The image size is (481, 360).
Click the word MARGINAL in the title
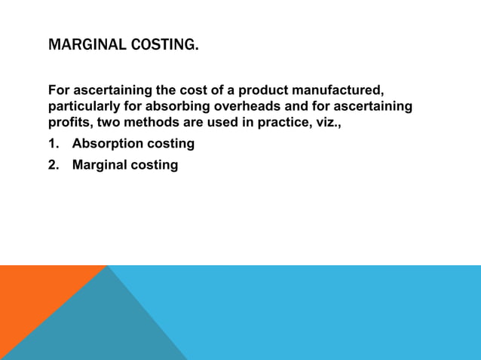(x=83, y=45)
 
